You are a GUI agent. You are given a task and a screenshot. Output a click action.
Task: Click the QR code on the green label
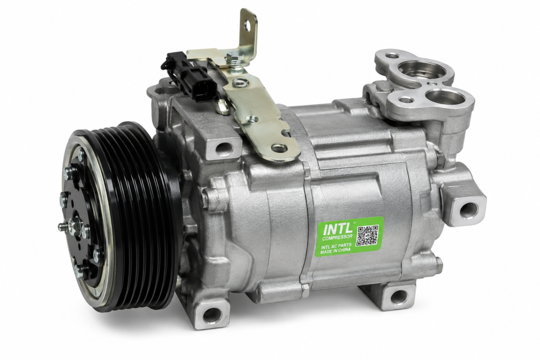point(368,236)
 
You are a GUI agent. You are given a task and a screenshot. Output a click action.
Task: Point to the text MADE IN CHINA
point(335,251)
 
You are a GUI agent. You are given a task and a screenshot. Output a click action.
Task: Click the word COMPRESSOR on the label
point(337,237)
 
